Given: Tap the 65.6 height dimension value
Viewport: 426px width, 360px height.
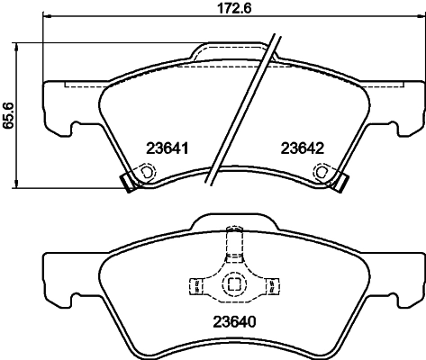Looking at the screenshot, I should coord(8,115).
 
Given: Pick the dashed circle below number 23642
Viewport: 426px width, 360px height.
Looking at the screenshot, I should coord(328,172).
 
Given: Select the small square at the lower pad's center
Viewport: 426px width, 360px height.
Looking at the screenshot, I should coord(234,285).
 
